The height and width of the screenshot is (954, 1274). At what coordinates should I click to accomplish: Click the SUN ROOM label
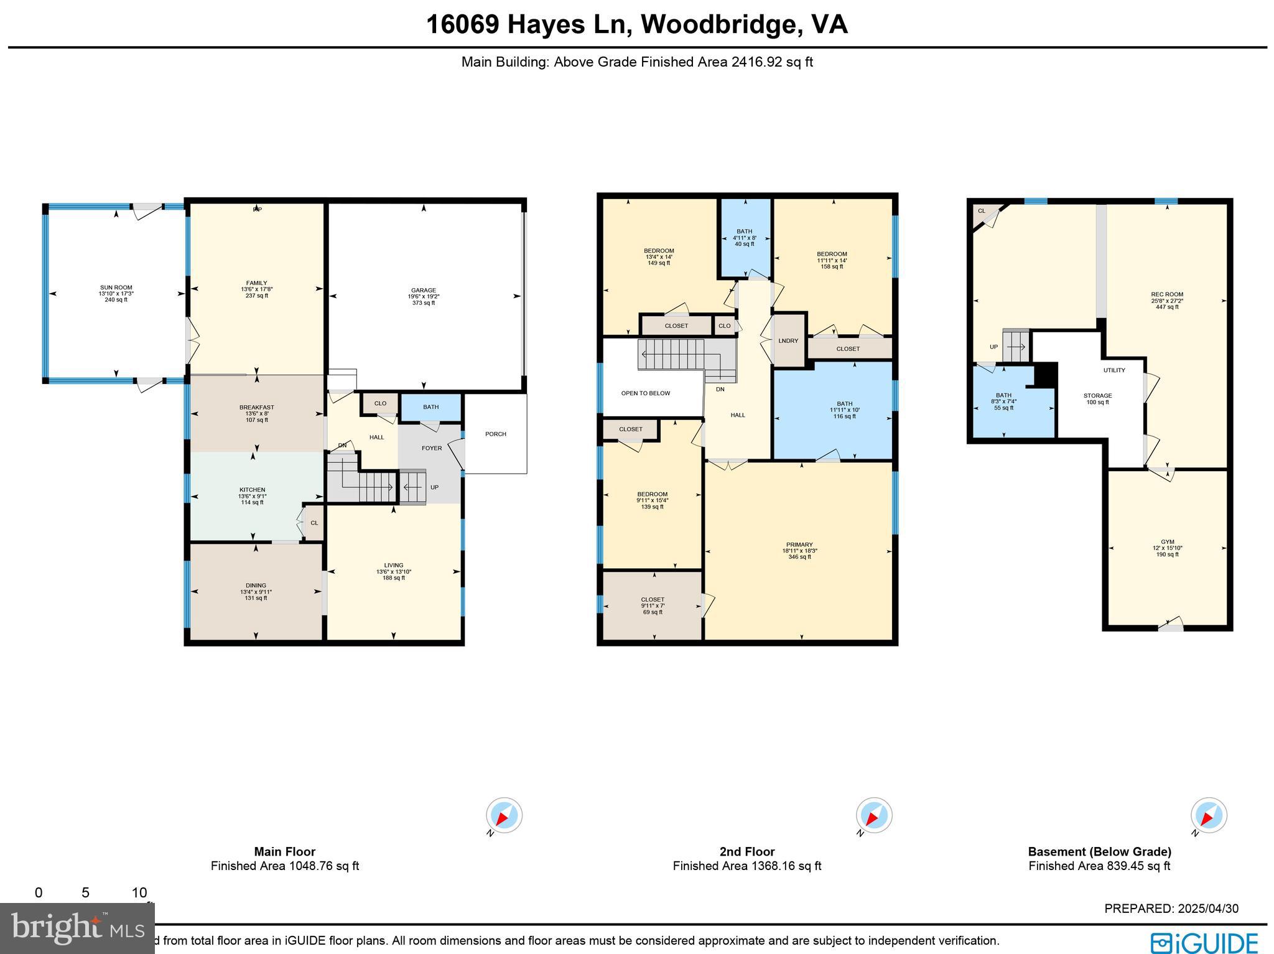click(116, 288)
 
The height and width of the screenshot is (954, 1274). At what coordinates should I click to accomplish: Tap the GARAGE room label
click(423, 291)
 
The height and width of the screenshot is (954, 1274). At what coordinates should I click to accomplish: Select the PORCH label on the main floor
click(496, 434)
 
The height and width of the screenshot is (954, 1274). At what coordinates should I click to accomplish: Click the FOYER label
click(432, 448)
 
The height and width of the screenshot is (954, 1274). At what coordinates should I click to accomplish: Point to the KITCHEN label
click(253, 490)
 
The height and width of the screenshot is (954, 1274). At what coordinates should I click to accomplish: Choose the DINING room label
click(256, 586)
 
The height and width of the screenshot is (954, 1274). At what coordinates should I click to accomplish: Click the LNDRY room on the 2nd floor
click(788, 341)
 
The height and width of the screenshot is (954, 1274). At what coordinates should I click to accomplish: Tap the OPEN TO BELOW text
click(645, 393)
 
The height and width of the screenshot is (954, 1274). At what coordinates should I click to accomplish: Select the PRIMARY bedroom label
click(799, 545)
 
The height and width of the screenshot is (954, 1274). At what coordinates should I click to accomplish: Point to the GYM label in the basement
click(1167, 542)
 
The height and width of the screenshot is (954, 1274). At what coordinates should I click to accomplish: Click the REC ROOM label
click(1166, 295)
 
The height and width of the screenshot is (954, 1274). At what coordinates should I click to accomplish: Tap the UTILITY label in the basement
click(1114, 370)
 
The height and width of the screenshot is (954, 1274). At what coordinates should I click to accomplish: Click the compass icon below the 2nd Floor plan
click(874, 815)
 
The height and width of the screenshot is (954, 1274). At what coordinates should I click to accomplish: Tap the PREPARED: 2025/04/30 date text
click(1171, 909)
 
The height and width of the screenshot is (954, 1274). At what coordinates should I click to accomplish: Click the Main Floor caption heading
click(285, 852)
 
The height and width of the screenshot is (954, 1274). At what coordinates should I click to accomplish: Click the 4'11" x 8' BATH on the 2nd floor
click(744, 238)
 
